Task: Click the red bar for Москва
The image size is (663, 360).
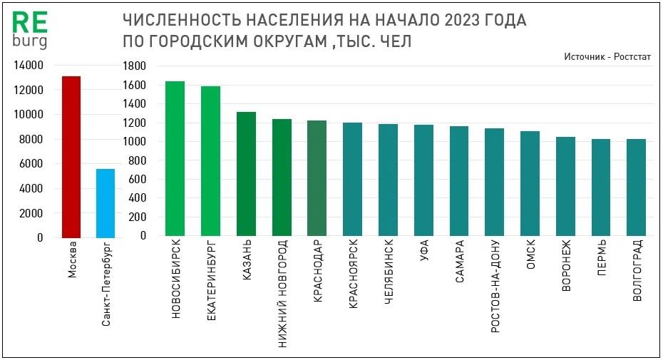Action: tap(71, 157)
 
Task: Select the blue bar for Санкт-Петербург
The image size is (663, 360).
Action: tap(105, 203)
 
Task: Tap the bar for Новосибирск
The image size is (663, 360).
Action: tap(175, 158)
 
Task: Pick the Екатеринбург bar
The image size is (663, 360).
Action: tap(210, 161)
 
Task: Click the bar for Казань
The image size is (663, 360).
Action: tap(246, 174)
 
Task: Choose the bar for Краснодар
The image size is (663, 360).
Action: tap(317, 178)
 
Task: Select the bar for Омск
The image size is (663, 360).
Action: tap(530, 184)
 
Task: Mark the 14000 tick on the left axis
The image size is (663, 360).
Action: tap(29, 66)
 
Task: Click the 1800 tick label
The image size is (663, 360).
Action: tap(134, 66)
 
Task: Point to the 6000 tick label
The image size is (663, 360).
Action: tap(32, 164)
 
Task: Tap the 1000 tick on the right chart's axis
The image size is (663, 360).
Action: tap(134, 142)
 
